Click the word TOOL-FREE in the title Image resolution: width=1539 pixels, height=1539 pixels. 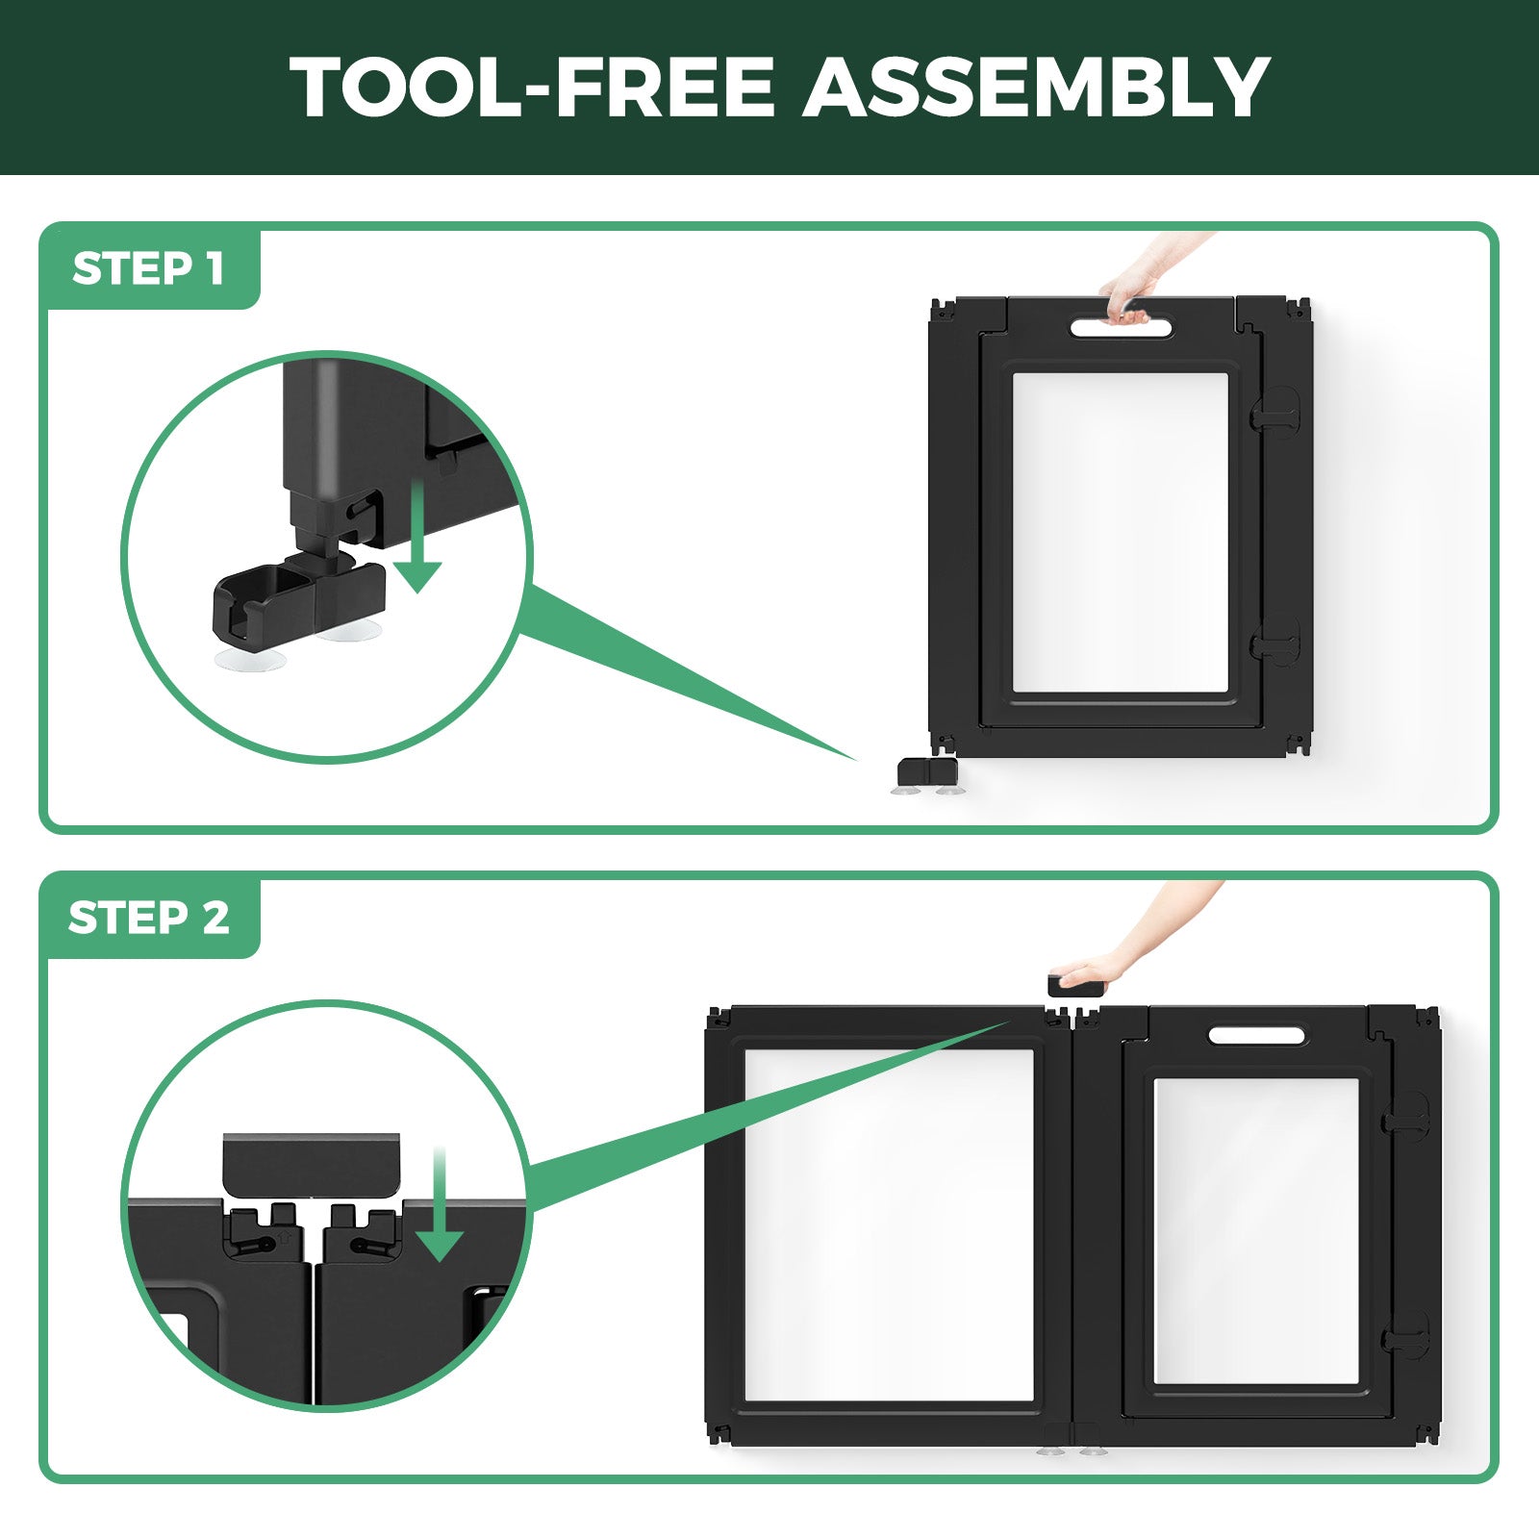(x=532, y=88)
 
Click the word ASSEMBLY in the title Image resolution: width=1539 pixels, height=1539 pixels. (x=1037, y=88)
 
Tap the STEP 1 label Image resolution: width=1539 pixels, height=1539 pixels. (x=148, y=268)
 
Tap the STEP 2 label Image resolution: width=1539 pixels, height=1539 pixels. (x=149, y=918)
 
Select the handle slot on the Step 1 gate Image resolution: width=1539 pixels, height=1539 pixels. (x=1122, y=328)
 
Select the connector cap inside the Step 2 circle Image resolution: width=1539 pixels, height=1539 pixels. (x=311, y=1164)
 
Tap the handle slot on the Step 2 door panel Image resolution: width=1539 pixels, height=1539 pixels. (x=1257, y=1036)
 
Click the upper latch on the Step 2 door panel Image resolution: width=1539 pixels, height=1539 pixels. (x=1405, y=1114)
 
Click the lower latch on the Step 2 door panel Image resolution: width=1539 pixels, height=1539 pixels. (x=1405, y=1335)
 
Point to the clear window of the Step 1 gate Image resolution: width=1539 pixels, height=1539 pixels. (x=1121, y=532)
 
